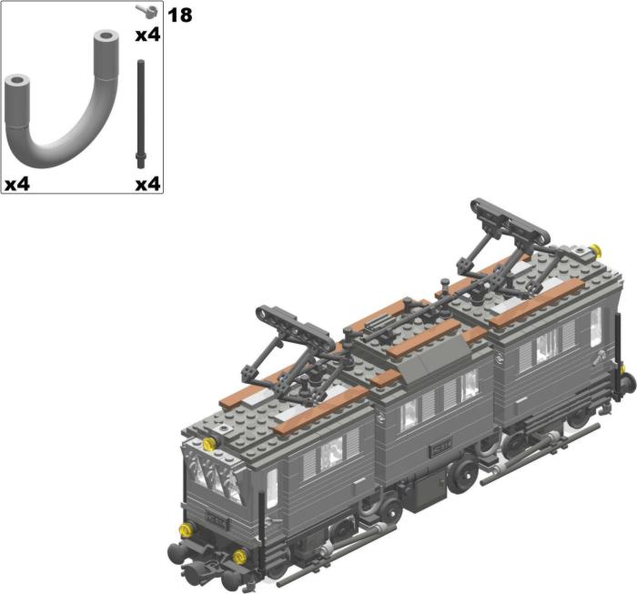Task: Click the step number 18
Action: (x=179, y=15)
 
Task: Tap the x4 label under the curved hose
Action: (x=17, y=185)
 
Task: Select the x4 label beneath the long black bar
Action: (x=147, y=185)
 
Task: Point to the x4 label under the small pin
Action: (x=147, y=35)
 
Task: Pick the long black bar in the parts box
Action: (x=140, y=114)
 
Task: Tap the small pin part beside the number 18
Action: (x=148, y=11)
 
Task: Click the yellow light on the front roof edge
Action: (x=209, y=444)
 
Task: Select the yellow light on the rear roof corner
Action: (x=595, y=250)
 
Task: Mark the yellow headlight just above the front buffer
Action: (x=186, y=529)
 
